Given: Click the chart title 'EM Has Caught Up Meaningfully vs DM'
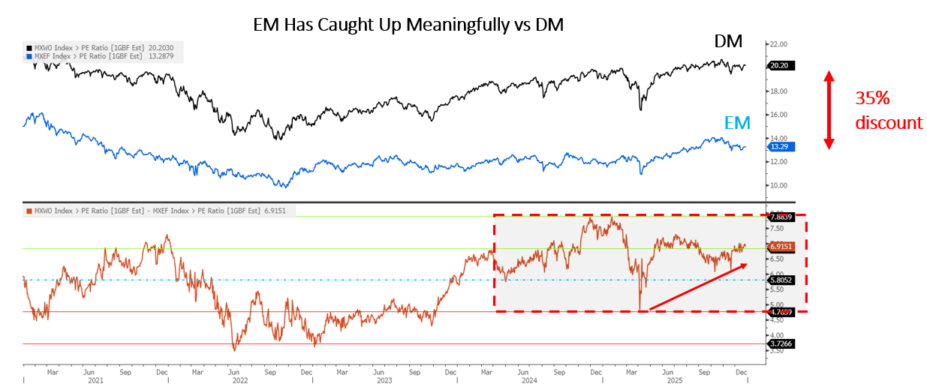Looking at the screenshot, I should point(408,24).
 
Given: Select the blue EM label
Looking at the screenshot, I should point(738,124).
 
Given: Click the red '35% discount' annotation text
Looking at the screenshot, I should point(889,109).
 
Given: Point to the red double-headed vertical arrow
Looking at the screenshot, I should point(828,109).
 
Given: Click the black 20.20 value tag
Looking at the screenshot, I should point(781,66).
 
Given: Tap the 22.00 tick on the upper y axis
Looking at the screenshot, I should point(778,45).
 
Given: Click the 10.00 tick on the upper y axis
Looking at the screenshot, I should point(778,185).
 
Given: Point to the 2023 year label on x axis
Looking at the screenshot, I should point(384,379).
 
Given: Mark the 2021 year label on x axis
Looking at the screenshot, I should point(95,379).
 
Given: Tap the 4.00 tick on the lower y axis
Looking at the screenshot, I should point(777,335).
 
